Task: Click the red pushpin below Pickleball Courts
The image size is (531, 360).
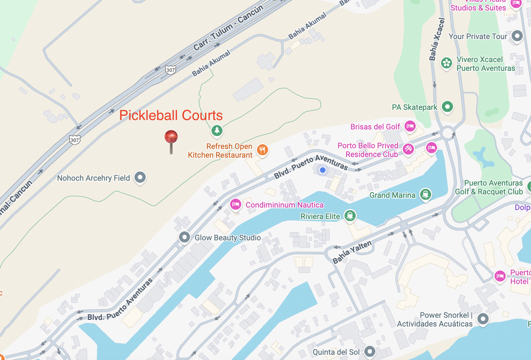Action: coord(171,138)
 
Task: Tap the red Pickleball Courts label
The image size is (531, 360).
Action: coord(171,115)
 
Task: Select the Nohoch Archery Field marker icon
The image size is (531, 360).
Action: coord(140,178)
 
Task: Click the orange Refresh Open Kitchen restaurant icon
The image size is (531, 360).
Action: coord(262,150)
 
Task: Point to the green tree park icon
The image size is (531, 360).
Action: coord(217,131)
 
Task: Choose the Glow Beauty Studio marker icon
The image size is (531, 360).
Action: coord(184,237)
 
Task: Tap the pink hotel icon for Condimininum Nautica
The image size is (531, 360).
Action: coord(235,204)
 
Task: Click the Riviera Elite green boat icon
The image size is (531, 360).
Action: coord(350,216)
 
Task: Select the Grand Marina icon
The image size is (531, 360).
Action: coord(425,194)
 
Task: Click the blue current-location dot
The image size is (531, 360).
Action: coord(323,170)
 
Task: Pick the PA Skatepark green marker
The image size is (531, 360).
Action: coord(447,107)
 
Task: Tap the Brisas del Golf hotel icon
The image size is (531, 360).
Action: coord(410,126)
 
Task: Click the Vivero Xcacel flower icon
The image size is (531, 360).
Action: coord(446,63)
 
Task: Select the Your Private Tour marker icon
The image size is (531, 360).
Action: coord(517,36)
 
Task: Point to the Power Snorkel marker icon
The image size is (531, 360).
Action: coord(482,319)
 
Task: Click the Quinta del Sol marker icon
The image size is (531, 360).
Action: coord(370,352)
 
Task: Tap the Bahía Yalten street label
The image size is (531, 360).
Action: coord(352,252)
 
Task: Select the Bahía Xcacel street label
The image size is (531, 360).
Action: coord(437,39)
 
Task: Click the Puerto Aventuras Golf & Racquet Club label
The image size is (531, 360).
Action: coord(489,187)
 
